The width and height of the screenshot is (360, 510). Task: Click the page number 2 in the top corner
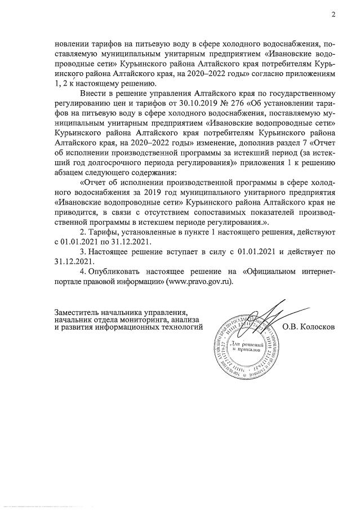click(333, 15)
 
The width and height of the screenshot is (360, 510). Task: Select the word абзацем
click(69, 172)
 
